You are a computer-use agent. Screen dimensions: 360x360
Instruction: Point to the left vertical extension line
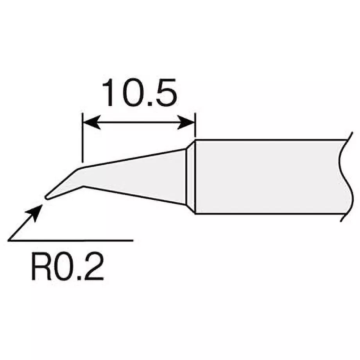point(82,137)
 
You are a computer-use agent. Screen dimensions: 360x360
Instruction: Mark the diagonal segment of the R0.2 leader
point(23,225)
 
